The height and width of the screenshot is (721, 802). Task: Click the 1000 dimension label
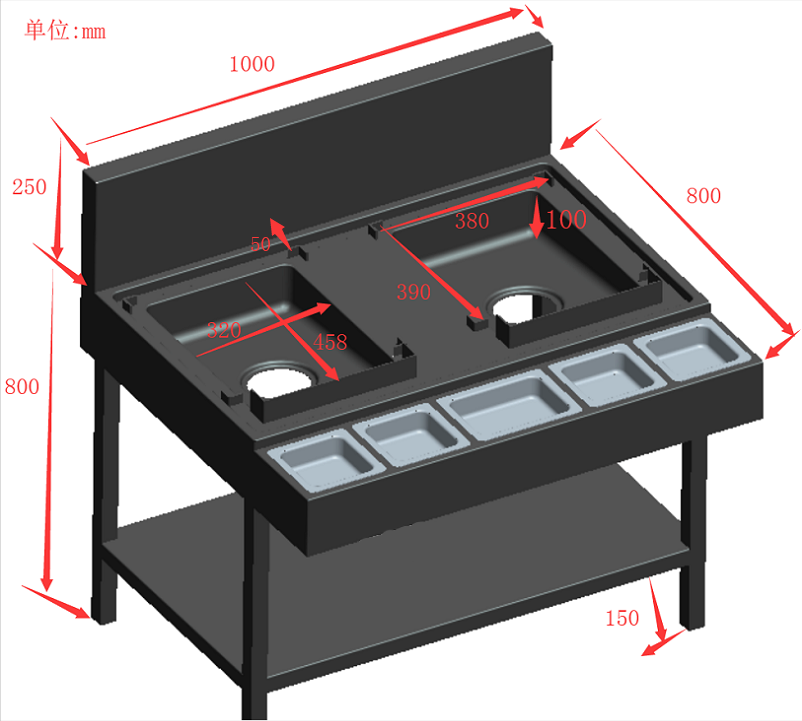pos(252,64)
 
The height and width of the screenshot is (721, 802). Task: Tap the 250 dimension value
pos(29,187)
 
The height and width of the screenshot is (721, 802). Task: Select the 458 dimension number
pos(330,342)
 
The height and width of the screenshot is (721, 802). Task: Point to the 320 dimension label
pos(224,330)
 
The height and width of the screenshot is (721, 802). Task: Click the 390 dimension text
pos(413,292)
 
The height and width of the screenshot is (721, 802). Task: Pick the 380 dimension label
pos(472,221)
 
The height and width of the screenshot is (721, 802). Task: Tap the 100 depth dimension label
pos(566,220)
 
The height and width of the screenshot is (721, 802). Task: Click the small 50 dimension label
pos(260,244)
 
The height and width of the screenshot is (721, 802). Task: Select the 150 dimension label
pos(622,618)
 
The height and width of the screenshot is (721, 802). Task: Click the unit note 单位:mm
pos(65,30)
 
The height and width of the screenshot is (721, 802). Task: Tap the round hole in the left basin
pos(280,380)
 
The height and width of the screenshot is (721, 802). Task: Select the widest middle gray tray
pos(509,405)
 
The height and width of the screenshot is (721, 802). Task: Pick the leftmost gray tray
pos(326,461)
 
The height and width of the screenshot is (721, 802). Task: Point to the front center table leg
pos(254,609)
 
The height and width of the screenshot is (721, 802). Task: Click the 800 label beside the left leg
pos(22,387)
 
